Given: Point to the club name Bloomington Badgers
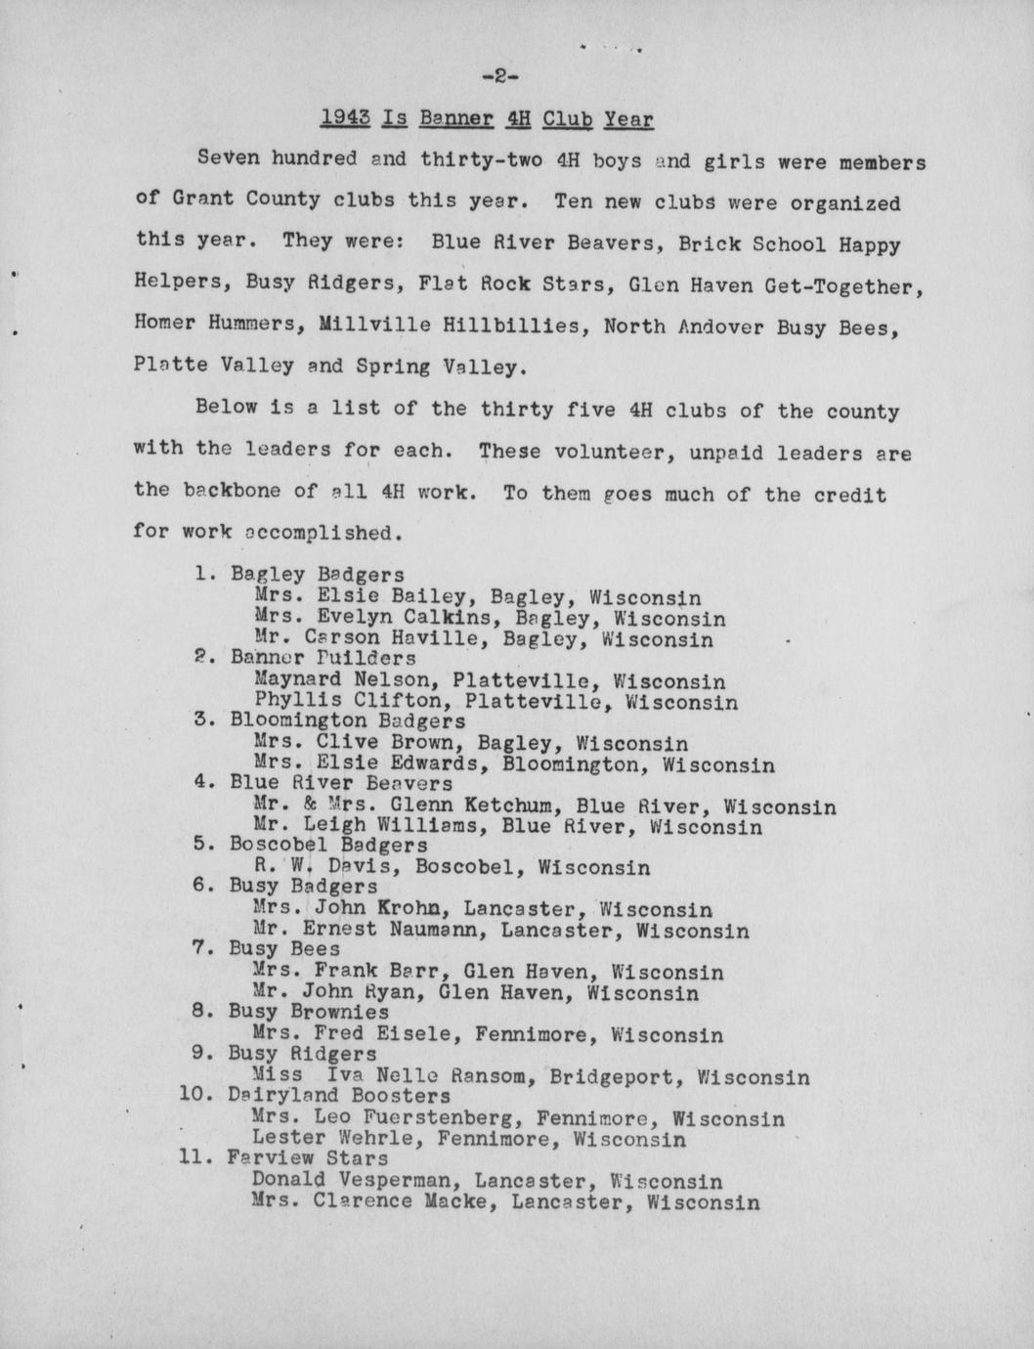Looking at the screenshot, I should pos(347,722).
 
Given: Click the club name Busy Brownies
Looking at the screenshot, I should pos(308,1012).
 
